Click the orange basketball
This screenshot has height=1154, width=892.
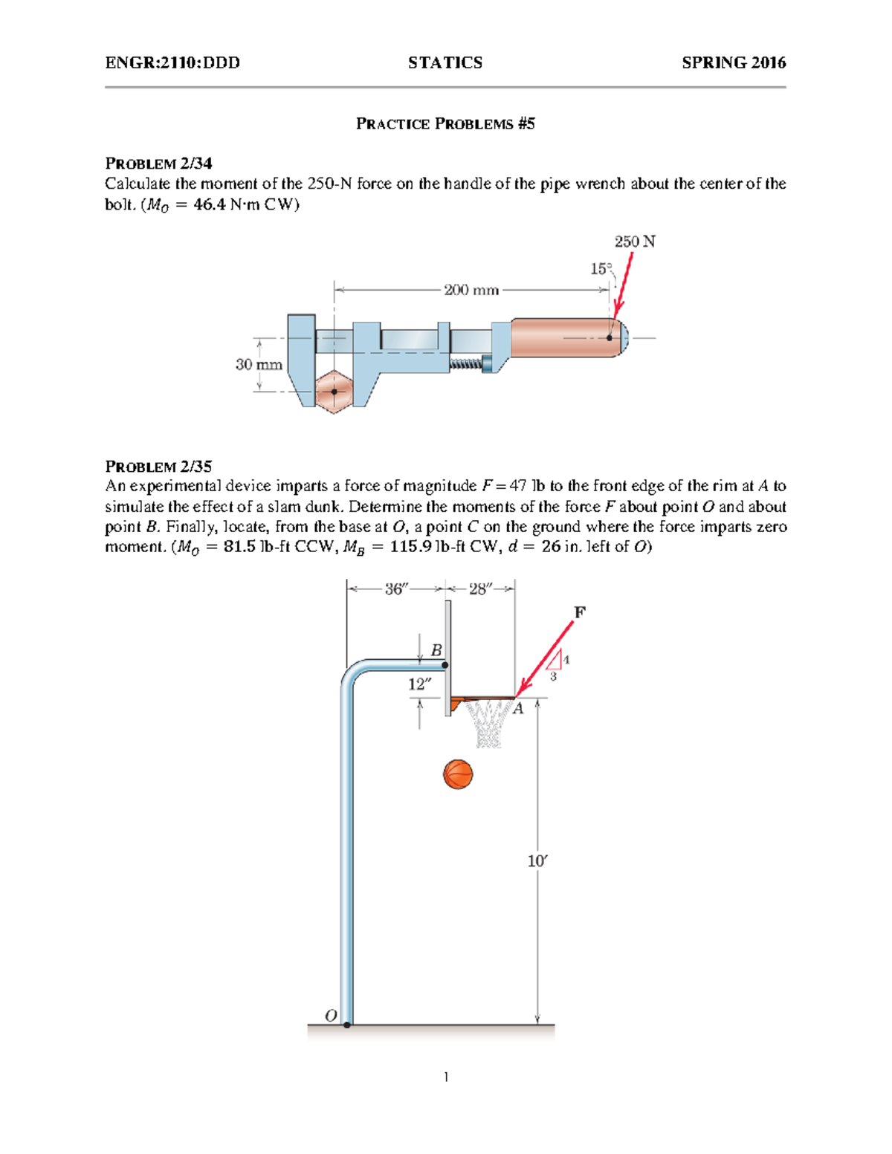458,774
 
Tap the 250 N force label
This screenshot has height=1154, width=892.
634,242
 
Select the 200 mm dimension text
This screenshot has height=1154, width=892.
471,290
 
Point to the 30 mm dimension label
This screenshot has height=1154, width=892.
259,365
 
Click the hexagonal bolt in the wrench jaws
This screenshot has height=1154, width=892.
334,391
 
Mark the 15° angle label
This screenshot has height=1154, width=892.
601,269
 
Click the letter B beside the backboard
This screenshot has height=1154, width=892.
436,650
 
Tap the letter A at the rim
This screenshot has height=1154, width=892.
518,709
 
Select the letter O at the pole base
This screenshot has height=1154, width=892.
331,1015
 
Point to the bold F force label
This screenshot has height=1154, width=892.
580,612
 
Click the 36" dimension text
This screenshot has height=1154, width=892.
396,589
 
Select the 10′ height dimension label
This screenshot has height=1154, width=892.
537,861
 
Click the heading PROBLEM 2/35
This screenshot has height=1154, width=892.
158,467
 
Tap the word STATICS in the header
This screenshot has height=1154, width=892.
445,63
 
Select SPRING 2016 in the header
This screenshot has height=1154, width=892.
733,63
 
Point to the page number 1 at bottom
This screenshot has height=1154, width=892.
445,1077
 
